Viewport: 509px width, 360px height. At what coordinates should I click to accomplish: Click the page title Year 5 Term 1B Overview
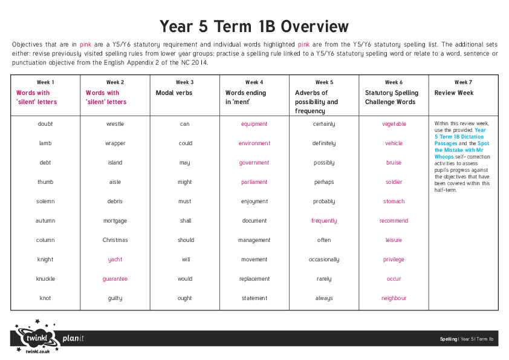coord(254,27)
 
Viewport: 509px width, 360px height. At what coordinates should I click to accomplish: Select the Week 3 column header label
coord(184,82)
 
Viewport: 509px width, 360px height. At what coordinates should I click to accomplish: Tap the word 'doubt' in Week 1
coord(45,124)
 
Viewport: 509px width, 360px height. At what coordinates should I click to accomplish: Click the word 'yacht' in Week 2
coord(115,260)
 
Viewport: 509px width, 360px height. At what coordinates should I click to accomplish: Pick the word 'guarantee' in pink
coord(115,279)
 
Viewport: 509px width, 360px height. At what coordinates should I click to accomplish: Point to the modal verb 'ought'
coord(185,298)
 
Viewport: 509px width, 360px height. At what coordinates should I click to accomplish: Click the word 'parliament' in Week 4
coord(254,182)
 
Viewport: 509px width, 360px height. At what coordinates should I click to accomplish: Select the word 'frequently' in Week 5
coord(324,221)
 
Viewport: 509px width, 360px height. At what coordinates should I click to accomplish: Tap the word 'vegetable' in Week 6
coord(394,124)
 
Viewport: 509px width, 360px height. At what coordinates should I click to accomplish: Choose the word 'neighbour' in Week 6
coord(394,298)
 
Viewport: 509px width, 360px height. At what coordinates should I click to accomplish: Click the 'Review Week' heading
coord(454,93)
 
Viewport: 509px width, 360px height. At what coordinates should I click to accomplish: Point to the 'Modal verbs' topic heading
coord(173,93)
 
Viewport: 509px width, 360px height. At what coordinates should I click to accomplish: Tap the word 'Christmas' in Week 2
coord(115,240)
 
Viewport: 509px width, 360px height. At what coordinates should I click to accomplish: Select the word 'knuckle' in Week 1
coord(45,279)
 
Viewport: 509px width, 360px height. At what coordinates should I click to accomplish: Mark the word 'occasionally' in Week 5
coord(324,260)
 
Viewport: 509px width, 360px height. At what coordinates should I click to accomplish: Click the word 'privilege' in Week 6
coord(394,260)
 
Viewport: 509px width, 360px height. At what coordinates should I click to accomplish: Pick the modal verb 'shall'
coord(185,221)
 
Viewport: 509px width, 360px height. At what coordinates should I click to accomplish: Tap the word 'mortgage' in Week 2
coord(115,221)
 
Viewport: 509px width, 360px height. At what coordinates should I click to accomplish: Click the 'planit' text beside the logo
coord(73,338)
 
